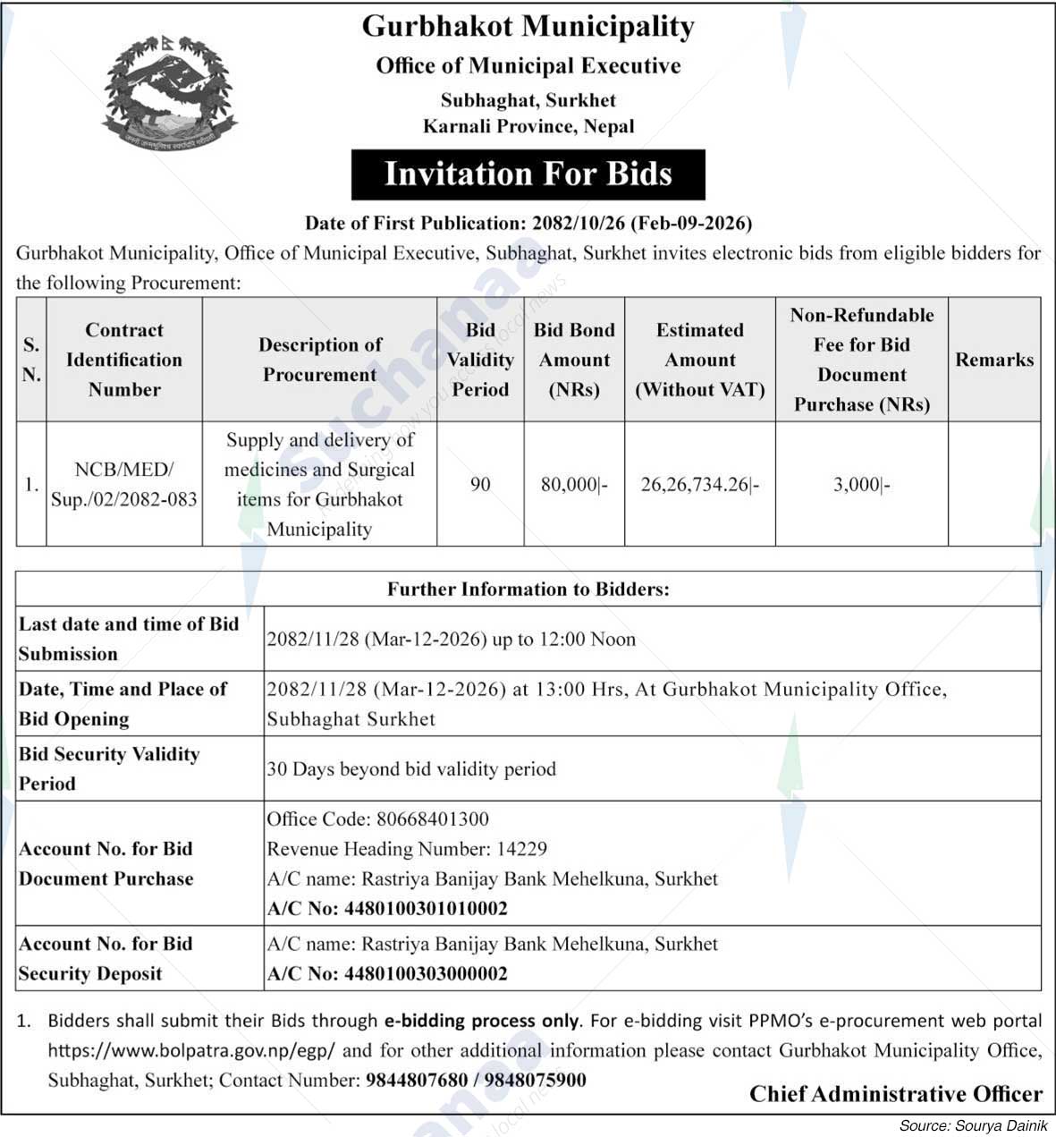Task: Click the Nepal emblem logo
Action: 169,92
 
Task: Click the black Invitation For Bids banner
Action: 528,174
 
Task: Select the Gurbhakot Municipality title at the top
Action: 528,27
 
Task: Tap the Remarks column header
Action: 994,360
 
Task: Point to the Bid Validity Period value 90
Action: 480,485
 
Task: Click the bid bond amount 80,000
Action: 574,485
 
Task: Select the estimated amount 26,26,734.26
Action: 699,485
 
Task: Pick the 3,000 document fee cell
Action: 861,485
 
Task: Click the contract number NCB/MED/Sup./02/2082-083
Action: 124,484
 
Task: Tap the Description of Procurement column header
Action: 319,360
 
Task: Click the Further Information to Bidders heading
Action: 528,589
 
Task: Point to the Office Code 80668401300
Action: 378,819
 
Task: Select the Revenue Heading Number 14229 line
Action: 407,849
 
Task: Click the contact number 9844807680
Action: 416,1081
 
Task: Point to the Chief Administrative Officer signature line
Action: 895,1094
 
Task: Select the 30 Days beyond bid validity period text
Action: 411,769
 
